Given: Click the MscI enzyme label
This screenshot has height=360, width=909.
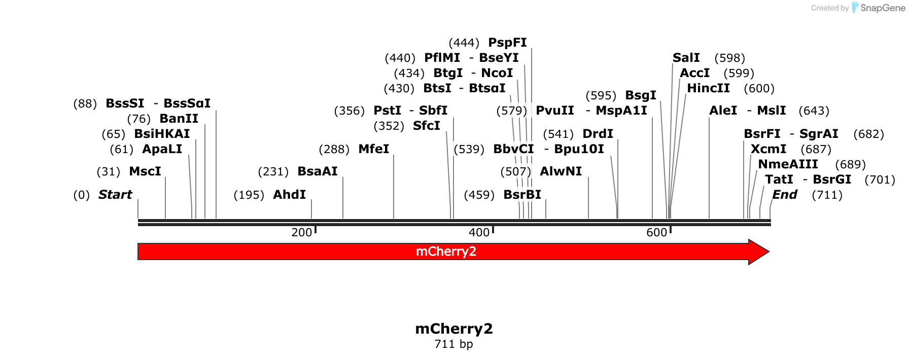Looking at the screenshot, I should [x=145, y=171].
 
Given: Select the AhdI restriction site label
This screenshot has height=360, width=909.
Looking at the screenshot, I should [x=289, y=195].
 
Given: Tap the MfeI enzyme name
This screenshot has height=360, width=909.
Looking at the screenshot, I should [x=373, y=149].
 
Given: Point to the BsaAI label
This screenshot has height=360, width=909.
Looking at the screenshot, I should [x=318, y=171].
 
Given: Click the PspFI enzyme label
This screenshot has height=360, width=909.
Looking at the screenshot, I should [x=507, y=43].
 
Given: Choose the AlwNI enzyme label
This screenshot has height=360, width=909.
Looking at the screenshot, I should [x=561, y=171].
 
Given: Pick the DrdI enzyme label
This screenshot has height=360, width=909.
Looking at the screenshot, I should [x=598, y=134].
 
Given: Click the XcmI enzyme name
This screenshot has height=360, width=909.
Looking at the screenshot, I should [x=768, y=149].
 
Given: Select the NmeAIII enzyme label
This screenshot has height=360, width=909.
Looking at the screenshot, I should [x=788, y=164].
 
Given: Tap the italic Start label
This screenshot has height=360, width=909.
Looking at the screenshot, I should [x=115, y=195].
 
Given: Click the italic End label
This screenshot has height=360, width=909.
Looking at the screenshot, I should [x=784, y=195].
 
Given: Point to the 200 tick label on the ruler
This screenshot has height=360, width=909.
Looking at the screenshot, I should [x=301, y=232].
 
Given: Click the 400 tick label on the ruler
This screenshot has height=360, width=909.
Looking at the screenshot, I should [x=479, y=232].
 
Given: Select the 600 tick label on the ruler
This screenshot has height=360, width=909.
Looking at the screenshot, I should [x=656, y=232].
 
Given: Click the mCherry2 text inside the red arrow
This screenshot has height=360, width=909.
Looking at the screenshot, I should [x=446, y=251].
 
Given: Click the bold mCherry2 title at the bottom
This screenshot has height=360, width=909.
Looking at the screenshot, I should [x=454, y=329].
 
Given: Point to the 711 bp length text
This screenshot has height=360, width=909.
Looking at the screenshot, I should [x=454, y=344].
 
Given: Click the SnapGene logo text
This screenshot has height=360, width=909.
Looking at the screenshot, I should [x=883, y=8].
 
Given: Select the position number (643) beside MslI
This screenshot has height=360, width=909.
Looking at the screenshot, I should [x=814, y=111].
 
